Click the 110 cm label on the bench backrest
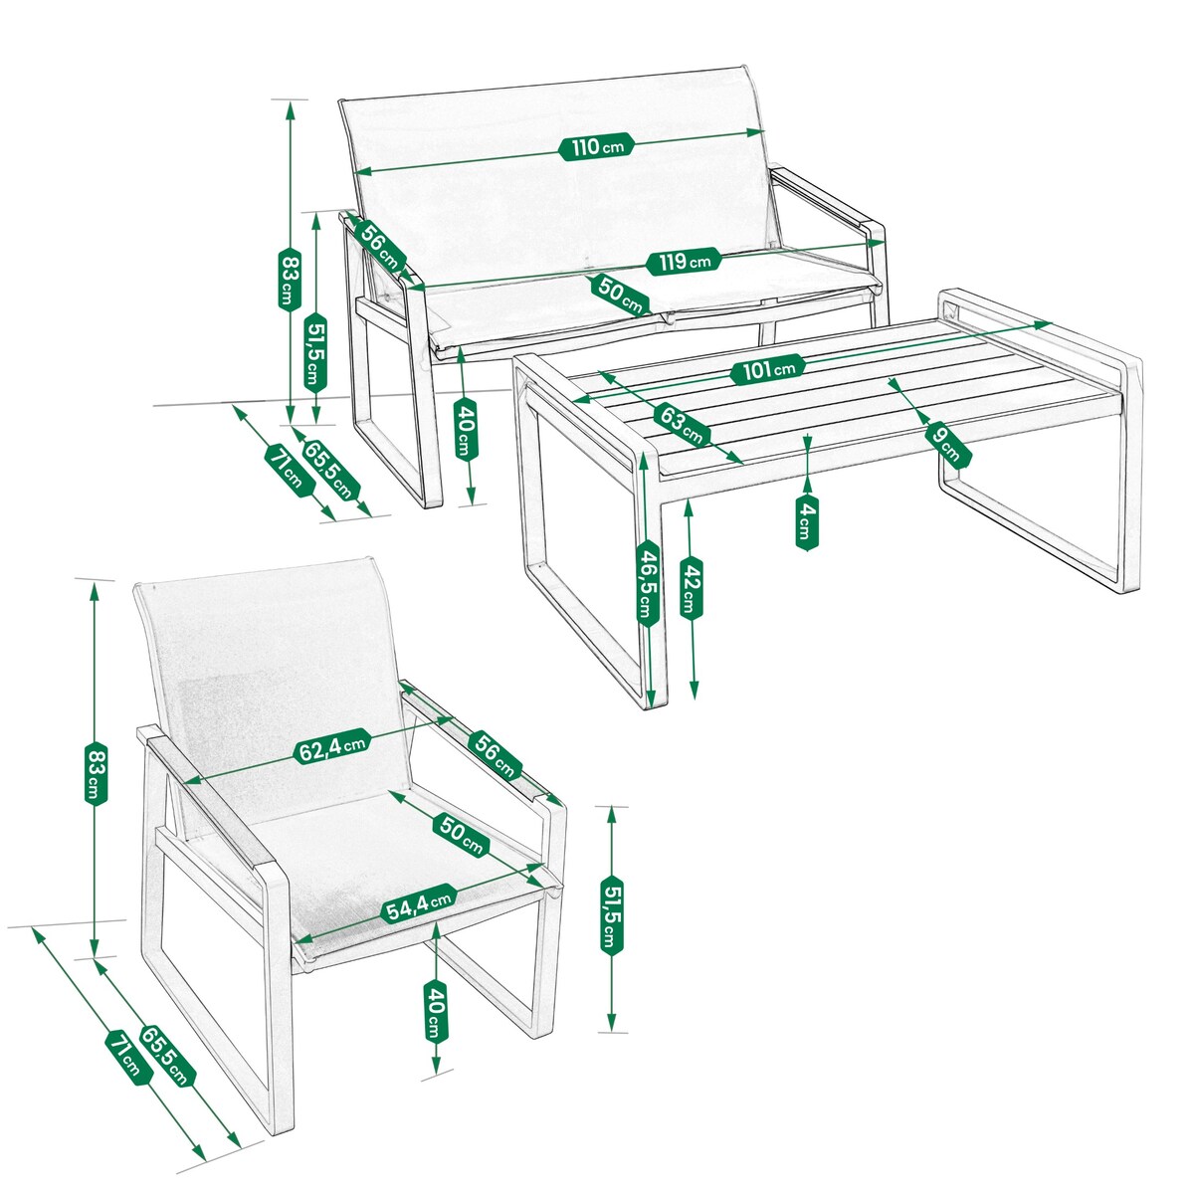(598, 147)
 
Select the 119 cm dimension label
(683, 262)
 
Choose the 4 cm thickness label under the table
(806, 521)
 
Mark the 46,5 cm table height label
(648, 581)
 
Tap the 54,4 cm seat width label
(419, 903)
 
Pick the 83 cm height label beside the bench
(289, 279)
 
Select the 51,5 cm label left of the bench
(315, 352)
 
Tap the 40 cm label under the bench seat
(465, 428)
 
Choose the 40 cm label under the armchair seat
(435, 1011)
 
